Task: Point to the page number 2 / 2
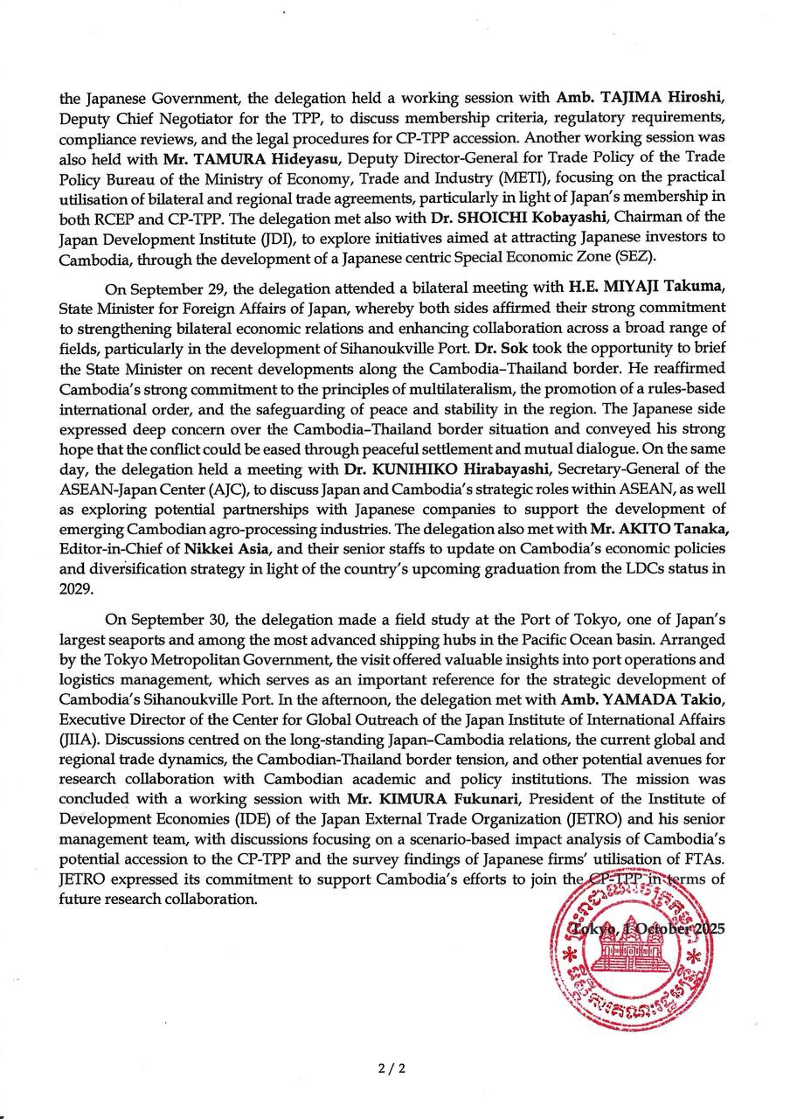[x=393, y=1067]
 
